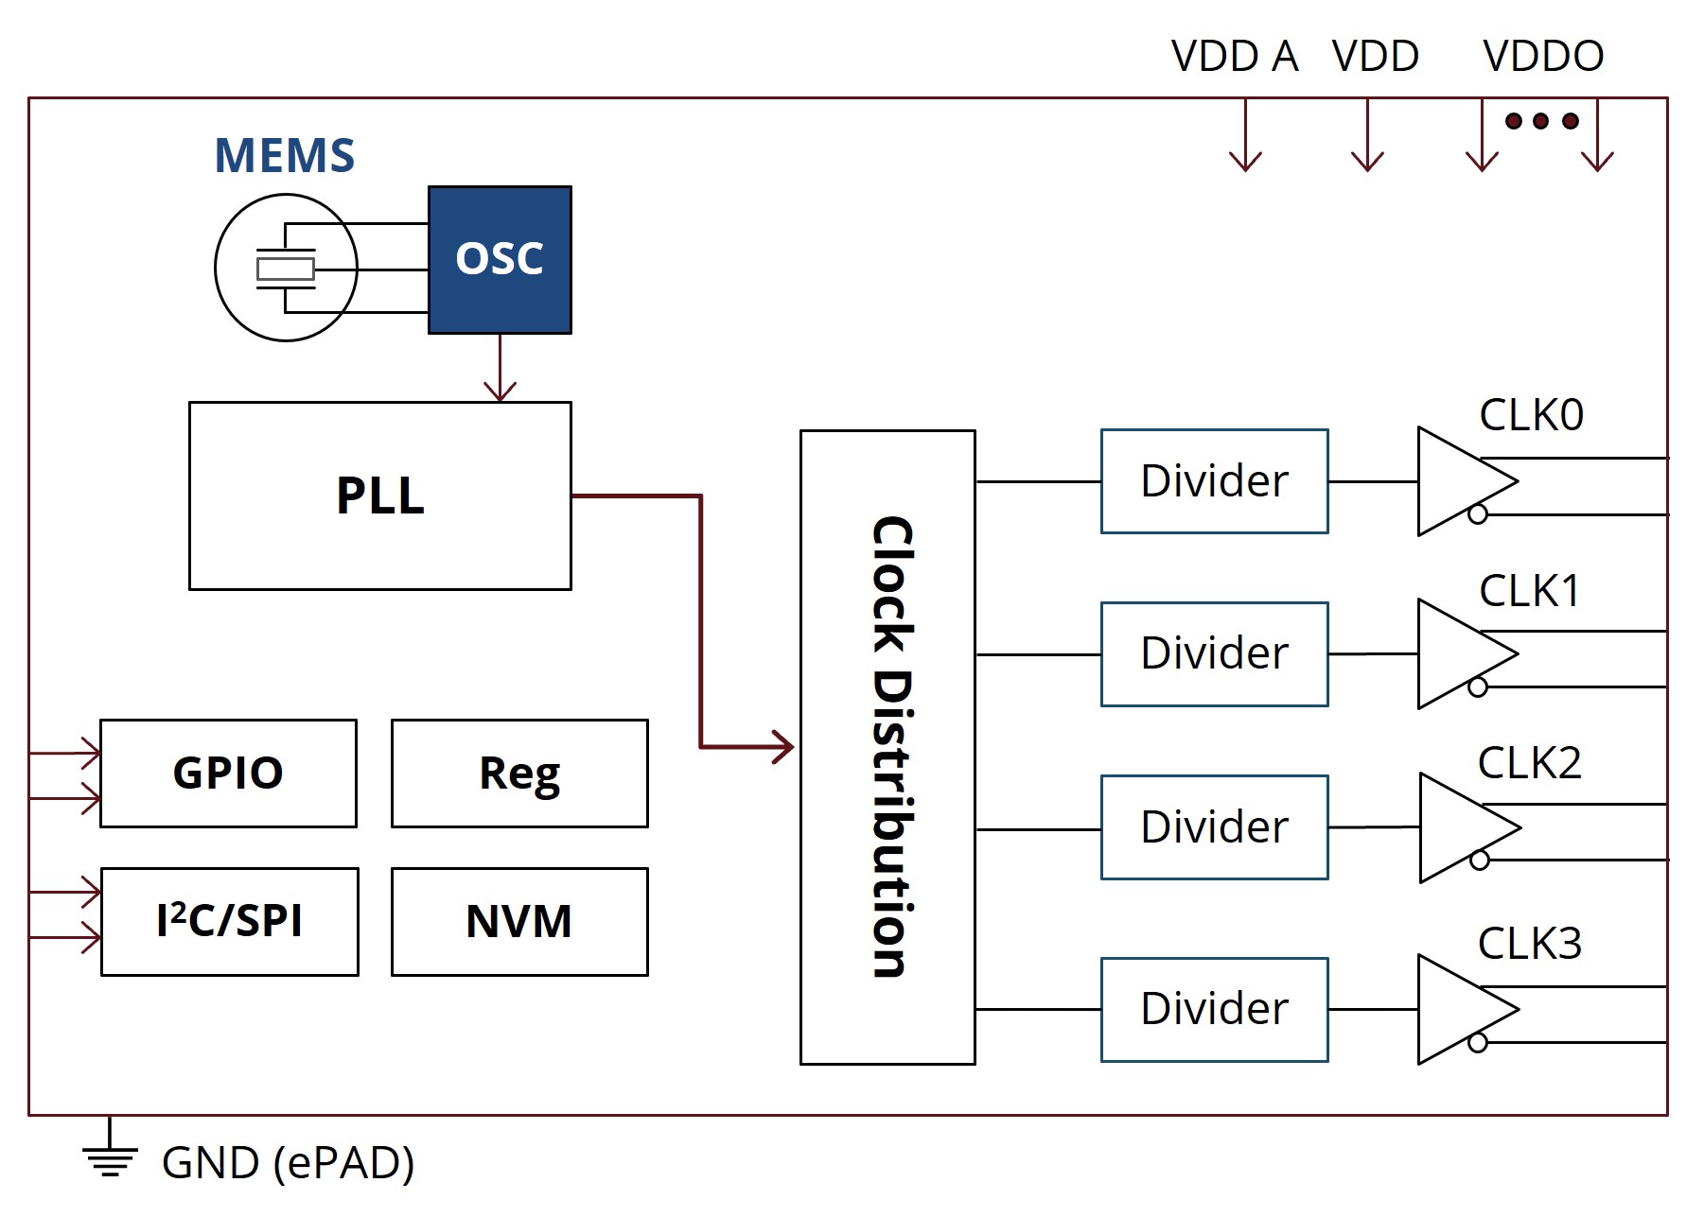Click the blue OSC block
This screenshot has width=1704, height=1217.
click(500, 259)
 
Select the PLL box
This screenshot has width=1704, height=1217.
click(379, 495)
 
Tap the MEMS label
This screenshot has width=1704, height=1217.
click(284, 156)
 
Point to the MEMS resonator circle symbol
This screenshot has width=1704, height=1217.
click(286, 268)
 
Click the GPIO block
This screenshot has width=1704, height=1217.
click(228, 773)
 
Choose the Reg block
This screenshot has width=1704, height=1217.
click(519, 773)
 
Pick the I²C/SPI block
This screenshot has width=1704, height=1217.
click(229, 921)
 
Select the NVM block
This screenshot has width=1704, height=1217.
click(519, 921)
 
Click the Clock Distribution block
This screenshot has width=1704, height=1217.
click(887, 747)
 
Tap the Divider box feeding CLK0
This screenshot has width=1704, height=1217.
click(1214, 481)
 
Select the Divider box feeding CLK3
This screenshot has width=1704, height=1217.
click(1214, 1009)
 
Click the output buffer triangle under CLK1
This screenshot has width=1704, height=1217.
click(1462, 653)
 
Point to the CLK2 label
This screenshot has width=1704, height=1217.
click(1529, 763)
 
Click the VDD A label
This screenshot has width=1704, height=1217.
click(1234, 57)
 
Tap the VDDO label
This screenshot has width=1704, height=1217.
click(1543, 57)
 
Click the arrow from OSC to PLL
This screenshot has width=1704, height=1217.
click(500, 368)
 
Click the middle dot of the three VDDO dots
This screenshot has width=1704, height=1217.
click(1540, 121)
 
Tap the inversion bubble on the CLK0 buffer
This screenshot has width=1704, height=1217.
click(1478, 514)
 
